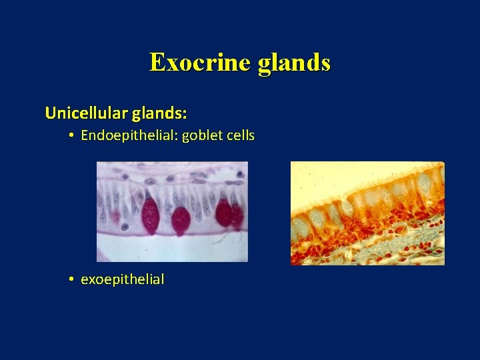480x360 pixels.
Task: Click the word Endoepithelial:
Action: [x=120, y=135]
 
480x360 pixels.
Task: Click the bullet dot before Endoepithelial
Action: [x=71, y=136]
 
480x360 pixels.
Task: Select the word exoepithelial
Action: [x=122, y=279]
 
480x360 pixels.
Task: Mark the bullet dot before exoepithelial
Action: [x=71, y=280]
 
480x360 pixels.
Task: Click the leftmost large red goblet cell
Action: [x=151, y=215]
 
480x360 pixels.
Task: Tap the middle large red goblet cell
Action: [x=181, y=220]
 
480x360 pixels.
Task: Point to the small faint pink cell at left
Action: [x=114, y=215]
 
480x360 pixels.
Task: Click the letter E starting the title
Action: [x=157, y=62]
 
